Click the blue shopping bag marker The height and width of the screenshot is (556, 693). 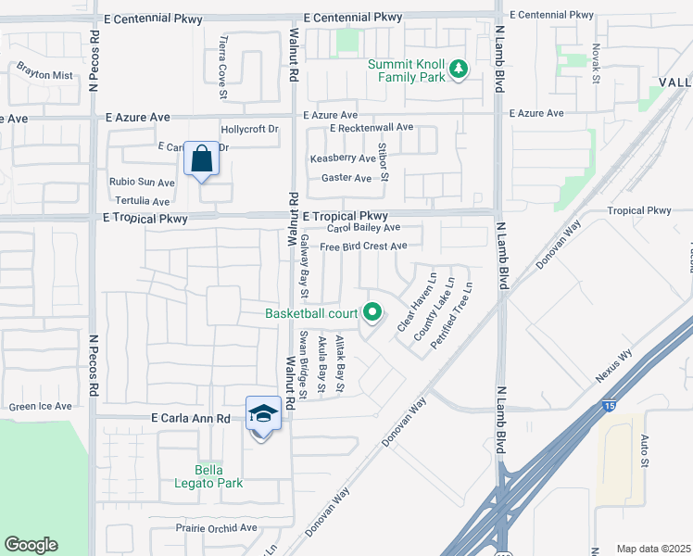(x=202, y=160)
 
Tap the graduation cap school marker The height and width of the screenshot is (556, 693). (x=263, y=414)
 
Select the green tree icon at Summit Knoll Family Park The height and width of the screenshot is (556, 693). (x=457, y=69)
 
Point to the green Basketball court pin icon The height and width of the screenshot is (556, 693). (x=372, y=313)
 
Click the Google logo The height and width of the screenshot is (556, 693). (x=31, y=545)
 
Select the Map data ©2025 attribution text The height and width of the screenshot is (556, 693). (x=653, y=549)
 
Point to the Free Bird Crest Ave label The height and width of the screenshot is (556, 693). (x=363, y=246)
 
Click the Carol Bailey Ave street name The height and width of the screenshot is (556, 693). (x=363, y=227)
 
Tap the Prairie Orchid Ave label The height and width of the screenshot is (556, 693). (x=216, y=527)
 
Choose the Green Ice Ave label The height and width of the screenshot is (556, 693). (x=40, y=406)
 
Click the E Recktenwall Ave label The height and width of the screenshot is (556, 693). (x=371, y=127)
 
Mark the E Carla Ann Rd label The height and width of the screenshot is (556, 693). (x=190, y=419)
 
